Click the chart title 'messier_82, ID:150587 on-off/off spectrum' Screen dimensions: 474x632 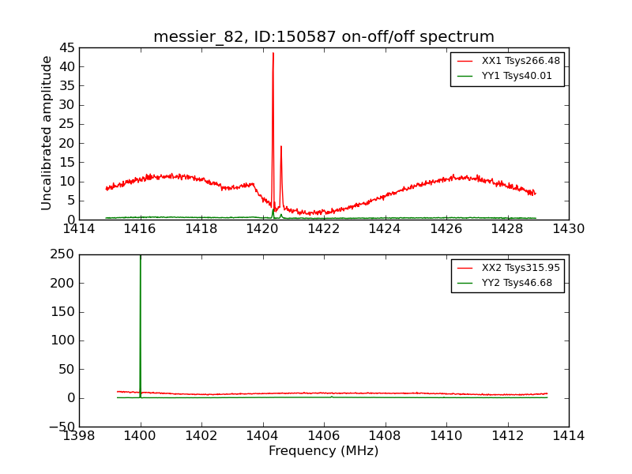324,37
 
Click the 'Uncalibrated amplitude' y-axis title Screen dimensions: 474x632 47,133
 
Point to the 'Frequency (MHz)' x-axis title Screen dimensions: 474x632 324,451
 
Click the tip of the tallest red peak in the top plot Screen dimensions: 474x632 273,53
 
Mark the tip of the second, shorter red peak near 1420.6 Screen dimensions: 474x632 280,145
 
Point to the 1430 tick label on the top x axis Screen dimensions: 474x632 568,229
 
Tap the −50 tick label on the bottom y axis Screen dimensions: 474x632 59,427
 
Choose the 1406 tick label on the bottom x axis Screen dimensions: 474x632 324,436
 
